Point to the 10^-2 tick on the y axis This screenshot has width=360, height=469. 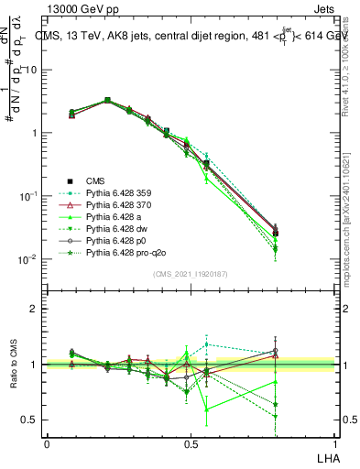(30, 259)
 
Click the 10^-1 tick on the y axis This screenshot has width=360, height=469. (30, 196)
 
